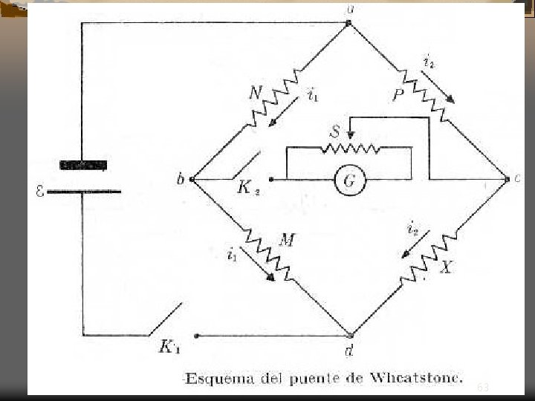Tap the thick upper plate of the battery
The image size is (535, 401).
83,165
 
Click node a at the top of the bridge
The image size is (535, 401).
349,23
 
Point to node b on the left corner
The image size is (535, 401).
192,179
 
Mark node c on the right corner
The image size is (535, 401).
507,179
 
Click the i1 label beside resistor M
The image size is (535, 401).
233,255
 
